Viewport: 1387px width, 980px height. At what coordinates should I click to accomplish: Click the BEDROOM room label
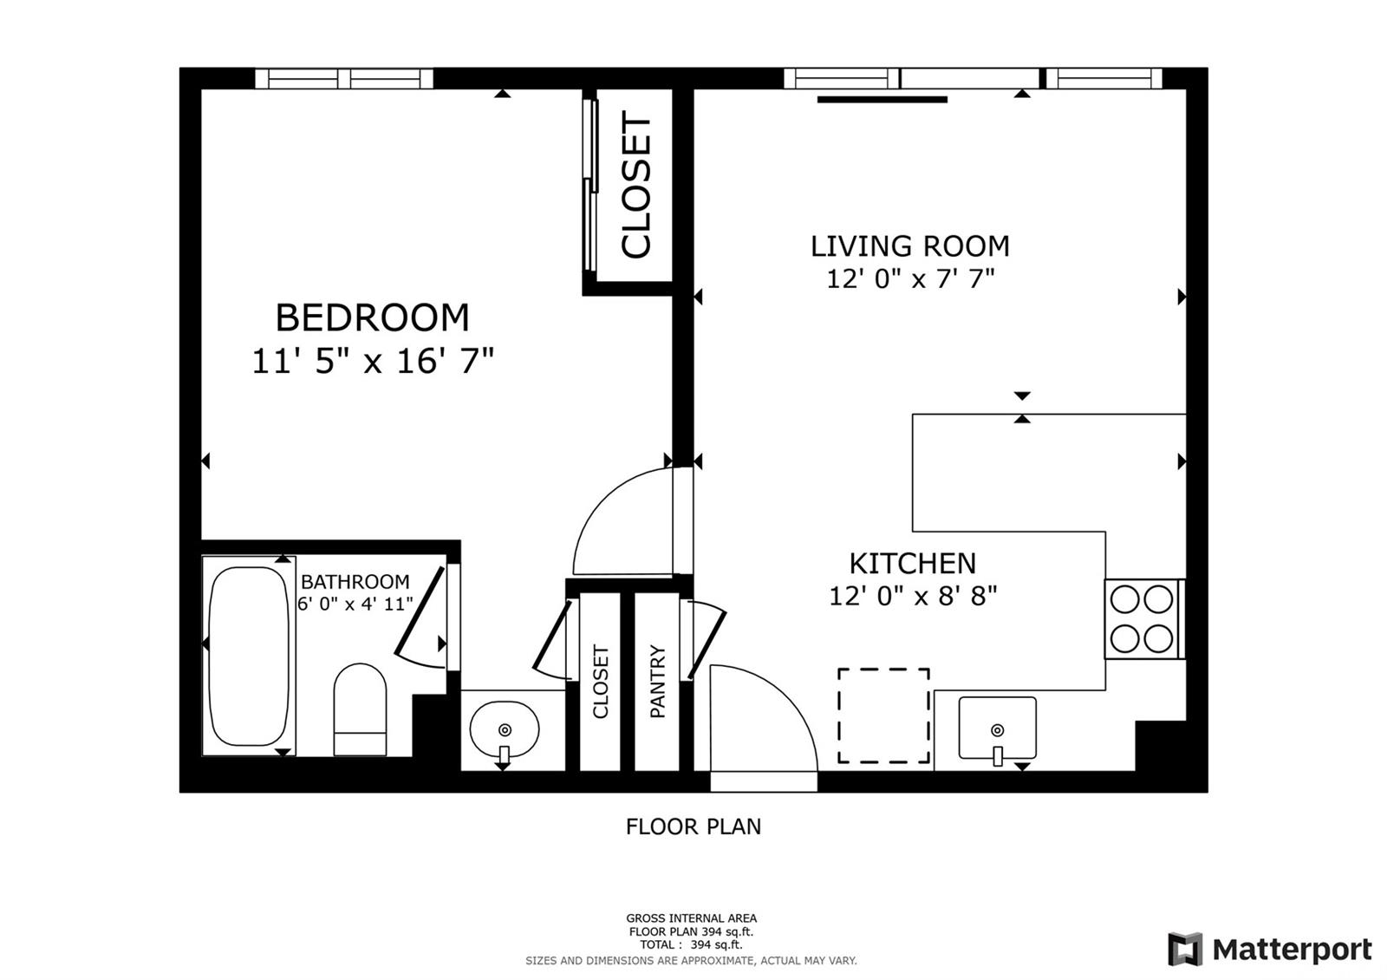[372, 317]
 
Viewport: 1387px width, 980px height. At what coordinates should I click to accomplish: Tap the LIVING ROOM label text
[909, 246]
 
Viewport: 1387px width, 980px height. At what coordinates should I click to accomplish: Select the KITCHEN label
[912, 563]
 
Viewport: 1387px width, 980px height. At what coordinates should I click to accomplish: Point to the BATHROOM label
[355, 582]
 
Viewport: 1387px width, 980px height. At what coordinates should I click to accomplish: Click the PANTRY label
[657, 682]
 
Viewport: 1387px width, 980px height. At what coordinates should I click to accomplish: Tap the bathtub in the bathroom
[248, 656]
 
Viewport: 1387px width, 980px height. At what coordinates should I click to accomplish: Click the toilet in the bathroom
[360, 709]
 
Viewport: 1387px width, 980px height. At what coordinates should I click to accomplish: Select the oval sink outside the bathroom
[504, 730]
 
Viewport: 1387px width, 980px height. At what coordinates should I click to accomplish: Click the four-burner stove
[1143, 619]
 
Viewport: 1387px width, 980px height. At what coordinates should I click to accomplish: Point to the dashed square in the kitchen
[883, 715]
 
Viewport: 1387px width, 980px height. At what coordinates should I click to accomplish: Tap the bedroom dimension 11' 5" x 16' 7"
[372, 361]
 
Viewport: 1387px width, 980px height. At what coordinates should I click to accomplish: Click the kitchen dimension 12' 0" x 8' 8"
[913, 596]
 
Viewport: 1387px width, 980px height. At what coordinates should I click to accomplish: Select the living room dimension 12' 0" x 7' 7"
[910, 278]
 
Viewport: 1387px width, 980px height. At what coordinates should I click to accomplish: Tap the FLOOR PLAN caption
[693, 826]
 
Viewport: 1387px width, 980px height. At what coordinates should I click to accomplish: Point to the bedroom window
[343, 79]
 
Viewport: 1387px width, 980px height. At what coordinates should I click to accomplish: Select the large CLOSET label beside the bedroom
[636, 185]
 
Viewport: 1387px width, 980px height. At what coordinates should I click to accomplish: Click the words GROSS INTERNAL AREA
[691, 918]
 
